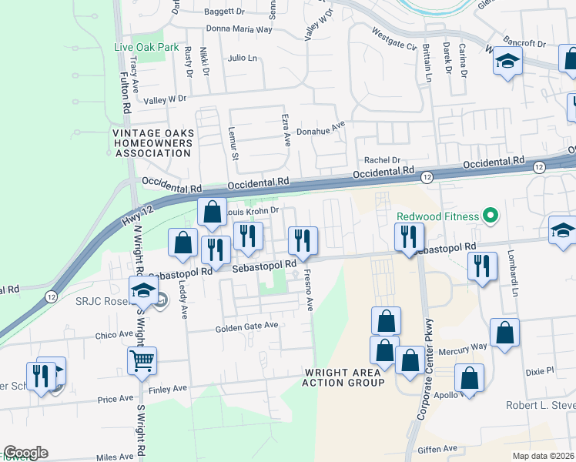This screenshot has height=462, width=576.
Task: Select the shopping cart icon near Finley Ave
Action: pos(142,360)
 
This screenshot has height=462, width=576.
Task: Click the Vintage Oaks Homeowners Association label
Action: pos(152,142)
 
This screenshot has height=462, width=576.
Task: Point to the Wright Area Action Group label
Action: pos(343,377)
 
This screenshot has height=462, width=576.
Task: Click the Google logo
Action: pos(25,453)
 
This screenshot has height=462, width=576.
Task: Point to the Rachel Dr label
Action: pos(383,160)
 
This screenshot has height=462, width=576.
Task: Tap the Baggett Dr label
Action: pos(225,12)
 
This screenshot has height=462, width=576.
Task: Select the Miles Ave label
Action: pos(115,457)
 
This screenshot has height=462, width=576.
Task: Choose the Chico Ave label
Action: pos(115,335)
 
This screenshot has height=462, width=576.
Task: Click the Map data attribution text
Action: pos(544,456)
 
